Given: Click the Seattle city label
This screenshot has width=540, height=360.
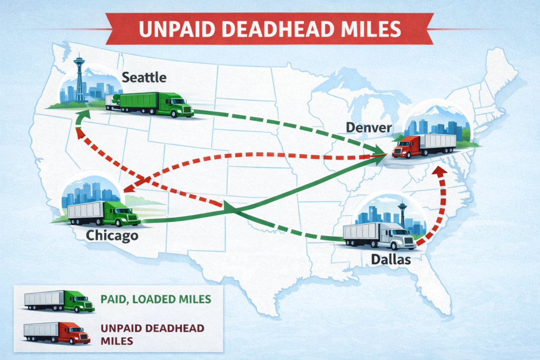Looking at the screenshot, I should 144,77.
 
